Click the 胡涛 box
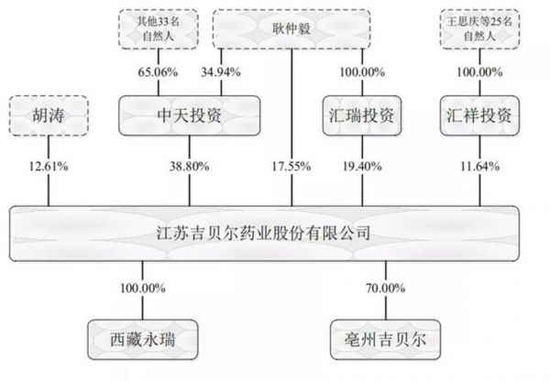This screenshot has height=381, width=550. [49, 115]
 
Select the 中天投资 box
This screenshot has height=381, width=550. [190, 115]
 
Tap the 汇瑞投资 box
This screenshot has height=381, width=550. [362, 115]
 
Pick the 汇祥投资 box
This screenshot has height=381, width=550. [479, 115]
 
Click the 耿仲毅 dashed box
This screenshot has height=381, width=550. [291, 28]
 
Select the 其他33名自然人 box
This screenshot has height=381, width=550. [159, 28]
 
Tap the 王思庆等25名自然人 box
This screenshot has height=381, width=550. [479, 28]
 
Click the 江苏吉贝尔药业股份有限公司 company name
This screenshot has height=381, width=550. [263, 233]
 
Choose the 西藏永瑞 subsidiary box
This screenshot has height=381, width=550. [142, 340]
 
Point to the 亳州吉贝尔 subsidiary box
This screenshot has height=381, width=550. [386, 340]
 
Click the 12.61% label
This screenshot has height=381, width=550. [49, 166]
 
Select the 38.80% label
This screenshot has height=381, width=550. [190, 166]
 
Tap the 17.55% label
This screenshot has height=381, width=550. [291, 166]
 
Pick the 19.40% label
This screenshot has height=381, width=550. [362, 166]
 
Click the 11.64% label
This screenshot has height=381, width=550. [479, 166]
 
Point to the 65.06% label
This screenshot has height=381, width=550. [158, 72]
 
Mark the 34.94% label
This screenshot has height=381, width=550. [221, 72]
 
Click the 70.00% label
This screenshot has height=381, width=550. [386, 288]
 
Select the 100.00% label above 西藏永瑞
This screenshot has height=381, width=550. [142, 288]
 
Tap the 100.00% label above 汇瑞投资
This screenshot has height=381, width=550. [362, 72]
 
